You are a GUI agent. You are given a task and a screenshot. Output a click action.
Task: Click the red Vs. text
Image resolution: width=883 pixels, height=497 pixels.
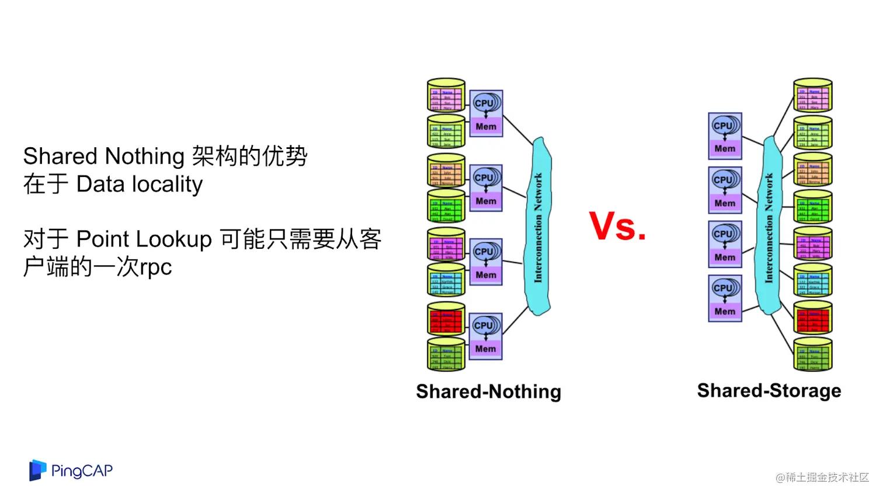pyautogui.click(x=617, y=226)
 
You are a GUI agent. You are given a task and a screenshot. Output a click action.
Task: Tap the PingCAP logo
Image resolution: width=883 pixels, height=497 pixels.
pyautogui.click(x=71, y=470)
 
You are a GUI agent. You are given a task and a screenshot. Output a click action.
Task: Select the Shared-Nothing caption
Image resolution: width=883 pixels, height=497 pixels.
pyautogui.click(x=488, y=391)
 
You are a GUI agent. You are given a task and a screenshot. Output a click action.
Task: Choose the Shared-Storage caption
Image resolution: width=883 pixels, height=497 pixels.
pyautogui.click(x=769, y=390)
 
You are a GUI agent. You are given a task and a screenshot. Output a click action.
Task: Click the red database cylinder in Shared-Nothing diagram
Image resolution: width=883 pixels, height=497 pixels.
pyautogui.click(x=446, y=319)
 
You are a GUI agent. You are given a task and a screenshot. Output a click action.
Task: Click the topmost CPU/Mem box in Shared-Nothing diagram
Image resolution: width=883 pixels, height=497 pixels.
pyautogui.click(x=486, y=113)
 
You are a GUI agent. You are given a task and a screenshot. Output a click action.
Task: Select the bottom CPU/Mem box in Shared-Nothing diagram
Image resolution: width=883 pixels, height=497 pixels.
pyautogui.click(x=485, y=336)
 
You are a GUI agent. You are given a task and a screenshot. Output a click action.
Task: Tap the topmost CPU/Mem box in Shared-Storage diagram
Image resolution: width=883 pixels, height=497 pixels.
pyautogui.click(x=725, y=135)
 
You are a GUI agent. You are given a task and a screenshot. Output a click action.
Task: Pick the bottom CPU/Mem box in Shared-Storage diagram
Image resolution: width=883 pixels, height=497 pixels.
pyautogui.click(x=725, y=298)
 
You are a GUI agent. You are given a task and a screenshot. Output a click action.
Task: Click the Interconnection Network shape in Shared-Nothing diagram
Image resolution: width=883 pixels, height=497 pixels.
pyautogui.click(x=538, y=227)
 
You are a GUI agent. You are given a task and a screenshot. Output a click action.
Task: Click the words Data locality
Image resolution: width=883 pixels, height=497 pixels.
pyautogui.click(x=140, y=184)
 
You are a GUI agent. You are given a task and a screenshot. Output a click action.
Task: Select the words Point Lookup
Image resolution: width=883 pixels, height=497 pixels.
pyautogui.click(x=144, y=239)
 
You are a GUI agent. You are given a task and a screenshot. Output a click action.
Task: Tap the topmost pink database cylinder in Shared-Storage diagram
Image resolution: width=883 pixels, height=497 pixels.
pyautogui.click(x=812, y=96)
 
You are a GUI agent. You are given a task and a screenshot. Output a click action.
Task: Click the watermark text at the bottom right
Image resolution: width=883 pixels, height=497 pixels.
pyautogui.click(x=822, y=477)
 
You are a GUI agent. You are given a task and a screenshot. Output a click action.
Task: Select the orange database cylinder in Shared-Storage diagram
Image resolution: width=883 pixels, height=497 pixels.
pyautogui.click(x=812, y=170)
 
